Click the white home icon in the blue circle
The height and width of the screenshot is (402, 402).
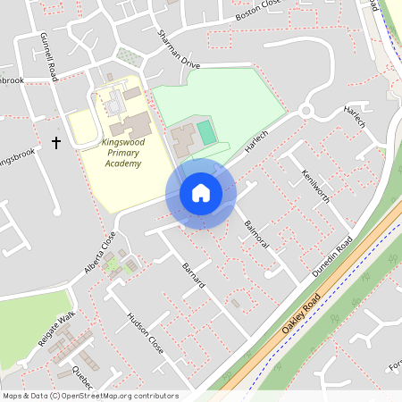coord(201,193)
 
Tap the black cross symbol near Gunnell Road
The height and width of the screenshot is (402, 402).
coord(56,142)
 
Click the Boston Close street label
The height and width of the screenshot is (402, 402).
coord(258,12)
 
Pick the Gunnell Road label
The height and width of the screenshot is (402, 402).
coord(48,56)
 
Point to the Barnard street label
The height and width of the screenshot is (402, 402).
coord(194,275)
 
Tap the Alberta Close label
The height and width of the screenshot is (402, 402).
coord(101,252)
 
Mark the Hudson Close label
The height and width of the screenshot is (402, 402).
coord(146,333)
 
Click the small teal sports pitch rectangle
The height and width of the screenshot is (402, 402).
coord(206,133)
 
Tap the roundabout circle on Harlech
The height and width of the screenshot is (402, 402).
coord(309,112)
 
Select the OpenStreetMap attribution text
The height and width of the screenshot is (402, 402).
coord(90,396)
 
